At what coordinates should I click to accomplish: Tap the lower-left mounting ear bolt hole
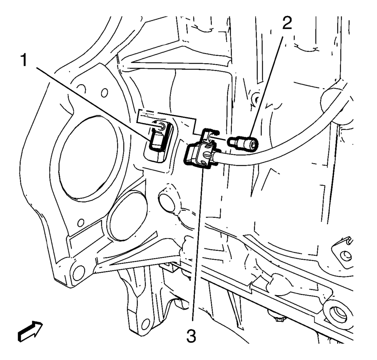79,270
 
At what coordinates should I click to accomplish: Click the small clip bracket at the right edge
346,248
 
